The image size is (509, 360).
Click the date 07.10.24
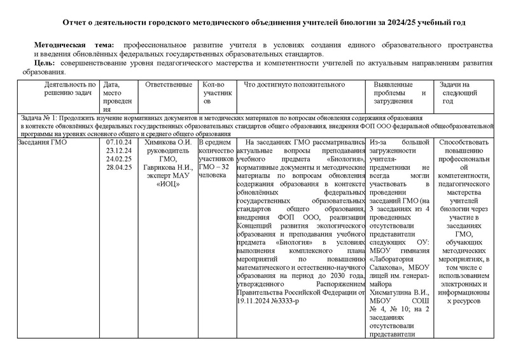coord(119,142)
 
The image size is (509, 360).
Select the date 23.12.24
coord(119,151)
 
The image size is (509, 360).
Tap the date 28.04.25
coord(119,167)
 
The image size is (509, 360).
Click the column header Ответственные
coord(169,85)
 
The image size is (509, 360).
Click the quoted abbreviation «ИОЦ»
coord(169,184)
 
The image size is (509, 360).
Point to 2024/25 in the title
coord(400,23)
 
